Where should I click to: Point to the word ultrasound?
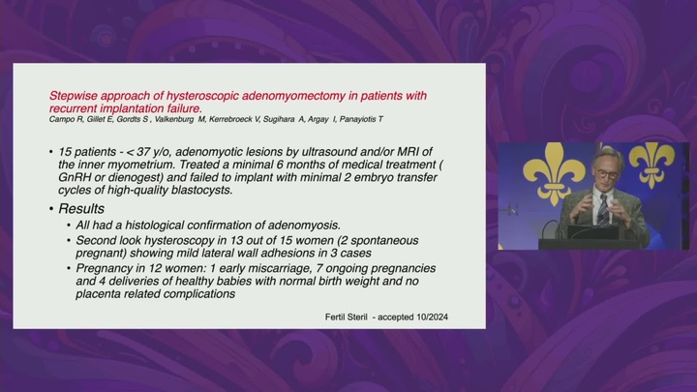[293, 153]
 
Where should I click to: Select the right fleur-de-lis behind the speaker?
[652, 162]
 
